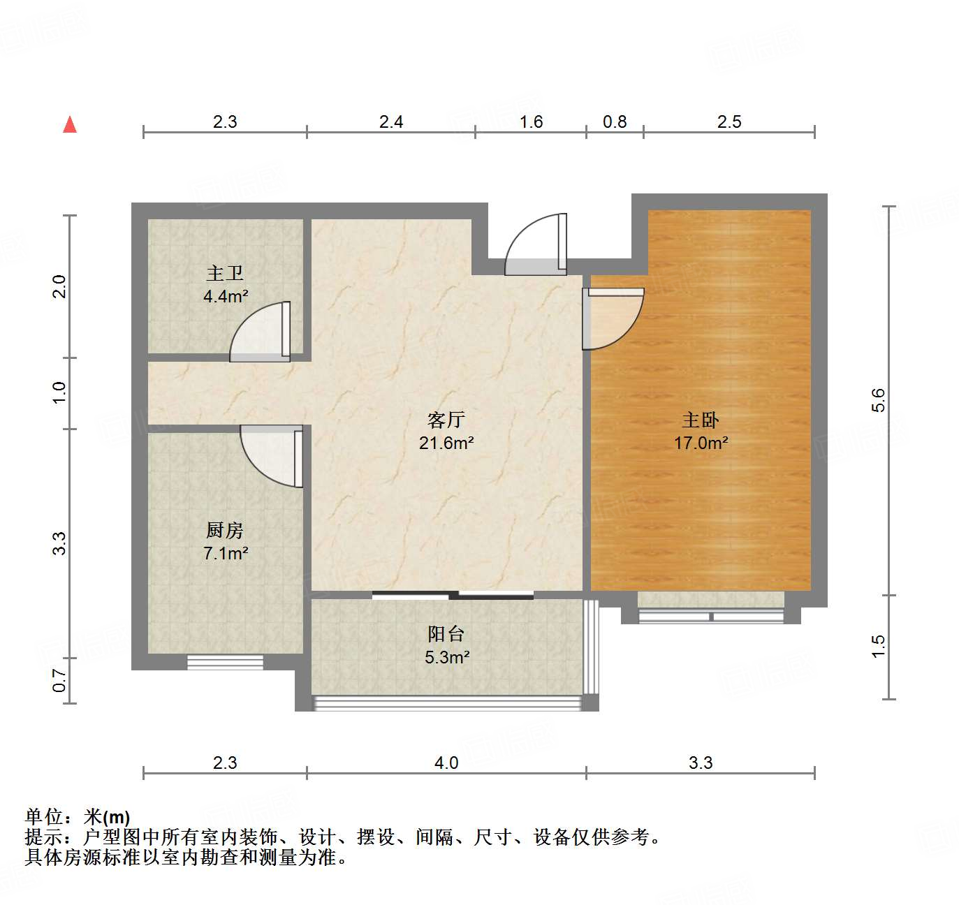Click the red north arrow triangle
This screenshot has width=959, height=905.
(x=70, y=125)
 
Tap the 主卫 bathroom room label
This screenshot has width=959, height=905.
(x=225, y=273)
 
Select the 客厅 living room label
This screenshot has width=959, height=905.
(x=446, y=420)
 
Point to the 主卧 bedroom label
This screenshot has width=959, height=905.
(x=700, y=420)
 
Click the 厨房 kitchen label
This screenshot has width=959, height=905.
(x=225, y=531)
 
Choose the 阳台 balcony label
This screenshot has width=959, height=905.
(x=446, y=634)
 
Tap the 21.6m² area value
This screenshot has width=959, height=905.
(x=446, y=443)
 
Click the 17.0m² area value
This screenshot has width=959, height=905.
(x=701, y=443)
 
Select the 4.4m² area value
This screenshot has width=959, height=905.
(x=226, y=296)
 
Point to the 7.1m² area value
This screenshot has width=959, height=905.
(x=226, y=554)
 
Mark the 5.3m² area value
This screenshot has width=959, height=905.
(x=446, y=657)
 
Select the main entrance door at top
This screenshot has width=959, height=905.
(x=535, y=244)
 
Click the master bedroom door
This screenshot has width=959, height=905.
(x=614, y=318)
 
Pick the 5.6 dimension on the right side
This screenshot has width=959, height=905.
(x=878, y=399)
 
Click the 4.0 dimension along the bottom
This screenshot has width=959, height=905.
(x=446, y=763)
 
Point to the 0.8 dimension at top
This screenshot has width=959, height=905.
(x=615, y=122)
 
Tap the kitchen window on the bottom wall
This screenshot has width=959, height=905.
(x=225, y=662)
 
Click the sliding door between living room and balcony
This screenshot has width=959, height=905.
(x=453, y=595)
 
